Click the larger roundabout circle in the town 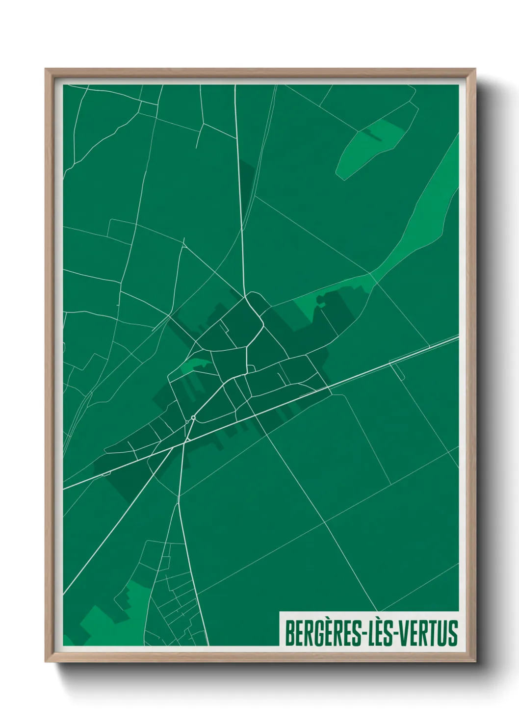(x=193, y=418)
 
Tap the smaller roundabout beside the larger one (x=187, y=422)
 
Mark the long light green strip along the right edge (x=432, y=206)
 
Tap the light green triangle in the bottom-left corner (x=67, y=641)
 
